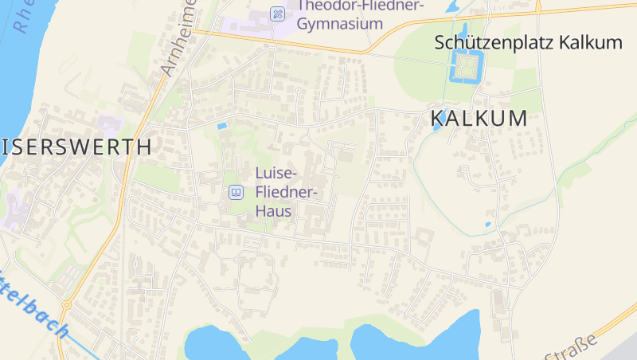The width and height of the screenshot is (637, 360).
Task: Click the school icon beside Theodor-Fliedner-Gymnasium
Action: coord(277,13)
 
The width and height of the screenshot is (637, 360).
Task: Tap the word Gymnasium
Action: coord(340,24)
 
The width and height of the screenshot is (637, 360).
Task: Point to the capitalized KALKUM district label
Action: coord(479,119)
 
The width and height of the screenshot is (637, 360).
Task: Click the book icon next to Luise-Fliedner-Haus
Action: coord(236,192)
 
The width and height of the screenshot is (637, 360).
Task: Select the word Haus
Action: coord(273,211)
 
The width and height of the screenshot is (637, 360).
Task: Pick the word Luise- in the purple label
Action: coord(276,173)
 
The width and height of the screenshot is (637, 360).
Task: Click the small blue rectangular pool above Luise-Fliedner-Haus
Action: coord(221,126)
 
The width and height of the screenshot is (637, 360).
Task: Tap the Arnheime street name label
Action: coord(178,40)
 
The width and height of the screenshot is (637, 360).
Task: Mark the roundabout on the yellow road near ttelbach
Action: coord(67,305)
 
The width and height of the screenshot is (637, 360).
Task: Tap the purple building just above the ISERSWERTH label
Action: coord(108,125)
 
